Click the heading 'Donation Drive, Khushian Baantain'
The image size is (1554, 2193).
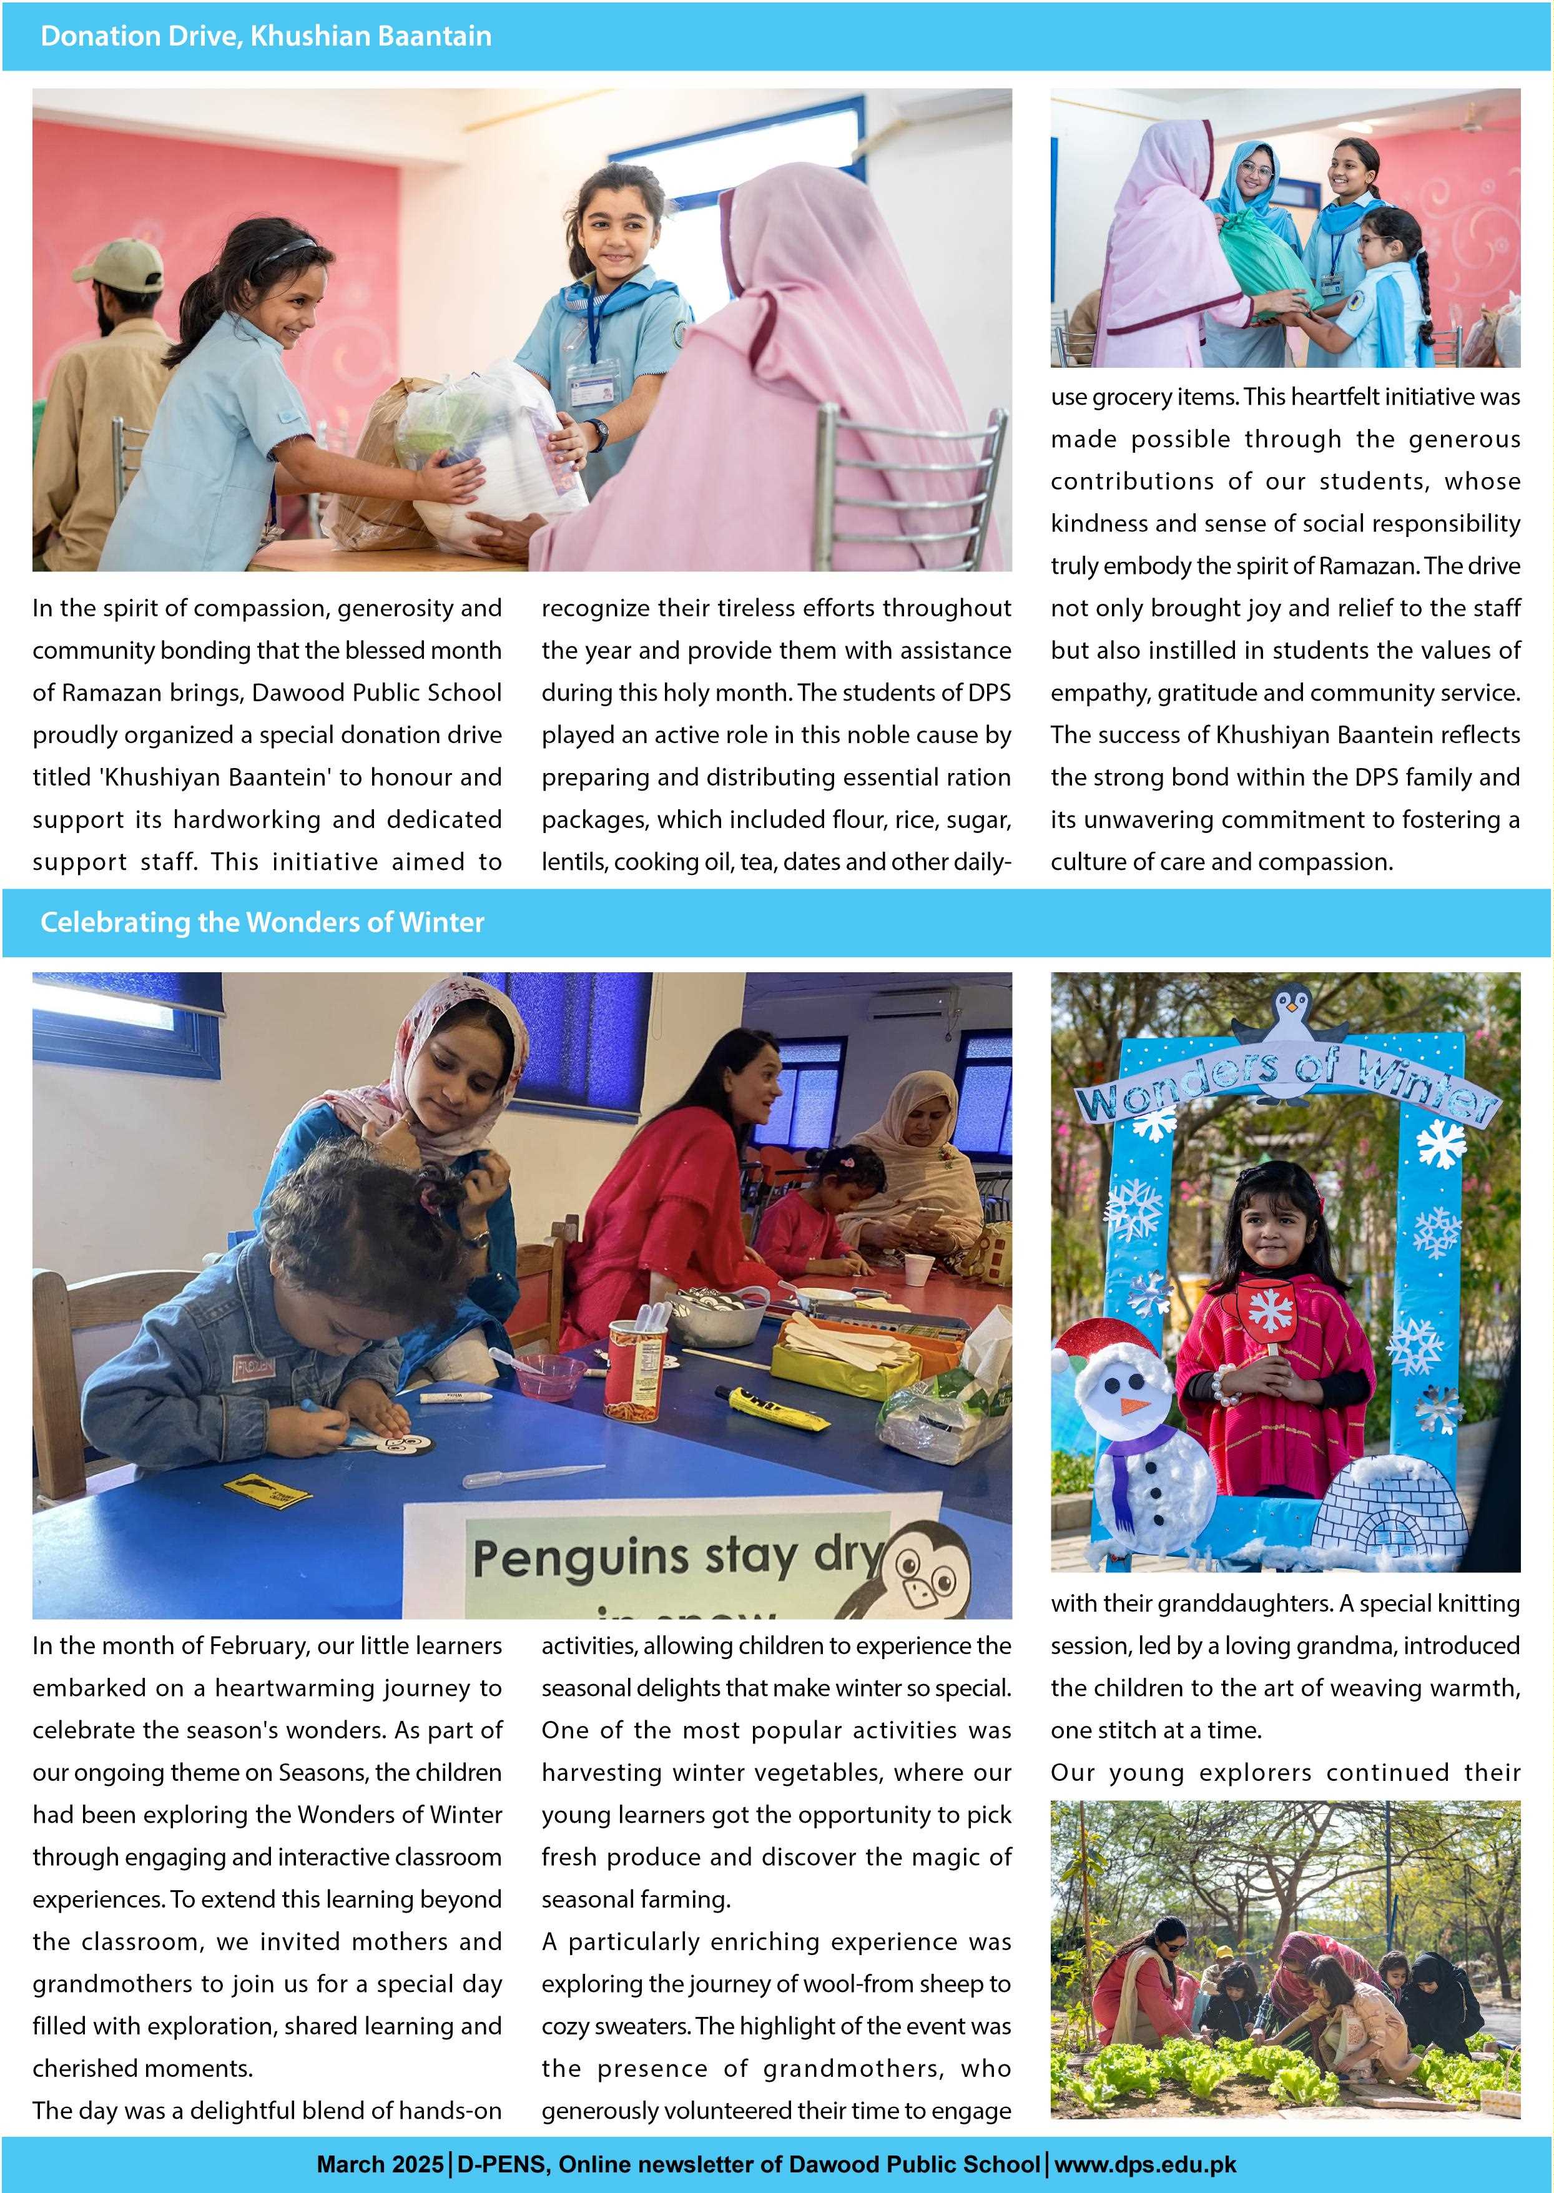point(265,36)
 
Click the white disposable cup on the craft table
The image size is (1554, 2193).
point(918,1271)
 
